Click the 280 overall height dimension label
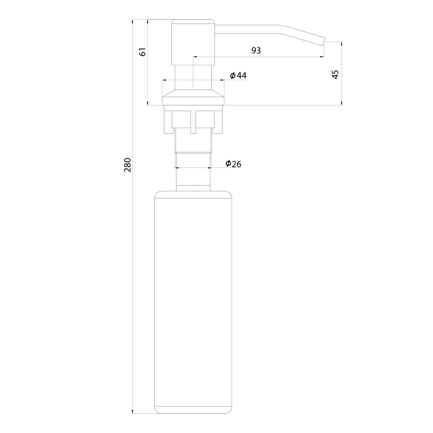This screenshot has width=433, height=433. click(x=127, y=165)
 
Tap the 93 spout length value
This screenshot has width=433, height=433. click(x=256, y=50)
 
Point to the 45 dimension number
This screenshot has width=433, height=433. click(x=335, y=74)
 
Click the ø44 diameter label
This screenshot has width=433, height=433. click(x=238, y=75)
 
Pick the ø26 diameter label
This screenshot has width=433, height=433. click(x=233, y=164)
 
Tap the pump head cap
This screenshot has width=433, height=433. click(x=193, y=42)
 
